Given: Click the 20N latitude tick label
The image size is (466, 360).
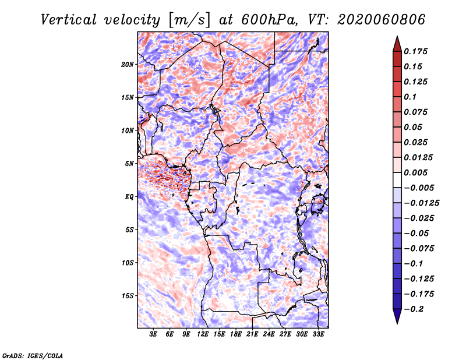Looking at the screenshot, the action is [128, 65].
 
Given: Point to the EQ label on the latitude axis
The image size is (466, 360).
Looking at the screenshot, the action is [129, 197].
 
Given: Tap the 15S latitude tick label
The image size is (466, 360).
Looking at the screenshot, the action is [128, 296].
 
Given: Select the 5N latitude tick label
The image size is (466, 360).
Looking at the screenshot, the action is [129, 164].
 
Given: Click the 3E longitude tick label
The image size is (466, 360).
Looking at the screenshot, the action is [153, 334].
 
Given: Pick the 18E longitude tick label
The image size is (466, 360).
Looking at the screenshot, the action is [236, 334].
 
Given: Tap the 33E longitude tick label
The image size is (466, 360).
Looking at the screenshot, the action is [318, 334].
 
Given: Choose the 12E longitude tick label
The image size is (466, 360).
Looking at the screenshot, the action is [203, 334].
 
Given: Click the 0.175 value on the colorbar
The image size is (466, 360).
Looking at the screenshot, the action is [415, 51].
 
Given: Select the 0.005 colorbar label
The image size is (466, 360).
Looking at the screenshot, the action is [415, 172].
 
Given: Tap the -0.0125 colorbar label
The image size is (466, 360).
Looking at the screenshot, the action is [421, 203].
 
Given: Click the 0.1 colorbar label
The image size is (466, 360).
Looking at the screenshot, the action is [410, 97].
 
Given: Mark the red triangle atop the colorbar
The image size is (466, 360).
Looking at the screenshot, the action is [397, 44].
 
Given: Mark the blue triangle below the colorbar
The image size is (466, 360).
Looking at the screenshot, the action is [397, 316].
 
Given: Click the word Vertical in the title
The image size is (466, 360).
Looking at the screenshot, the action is [69, 20].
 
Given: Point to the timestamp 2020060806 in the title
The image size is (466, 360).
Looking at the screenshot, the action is [382, 20].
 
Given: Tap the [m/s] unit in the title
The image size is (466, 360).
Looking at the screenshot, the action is [190, 20].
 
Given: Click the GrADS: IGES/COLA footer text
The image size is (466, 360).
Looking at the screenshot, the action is [33, 356].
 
